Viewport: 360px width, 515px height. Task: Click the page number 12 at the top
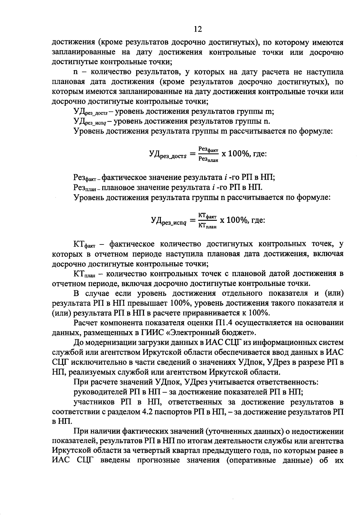tap(198, 29)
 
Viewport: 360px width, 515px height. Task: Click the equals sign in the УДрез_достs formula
tap(192, 155)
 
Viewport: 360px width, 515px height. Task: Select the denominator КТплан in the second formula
tap(207, 226)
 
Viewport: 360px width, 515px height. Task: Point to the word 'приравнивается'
tap(205, 313)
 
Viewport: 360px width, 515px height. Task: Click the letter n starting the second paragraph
tap(76, 72)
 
